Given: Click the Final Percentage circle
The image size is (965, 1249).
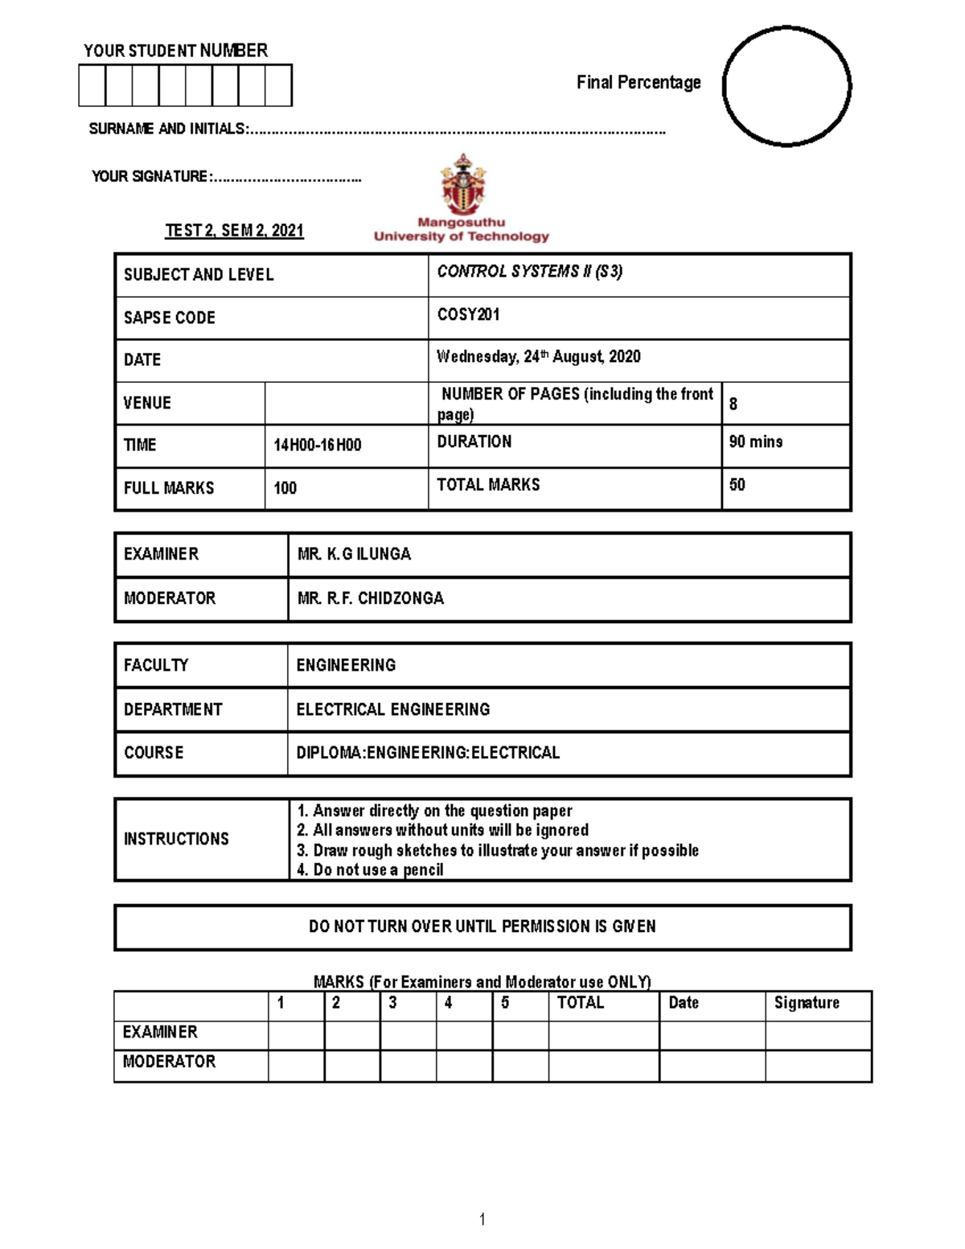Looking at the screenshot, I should tap(786, 87).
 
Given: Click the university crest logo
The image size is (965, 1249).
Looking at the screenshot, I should tap(462, 184).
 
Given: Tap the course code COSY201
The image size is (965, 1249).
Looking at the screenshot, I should tap(468, 314).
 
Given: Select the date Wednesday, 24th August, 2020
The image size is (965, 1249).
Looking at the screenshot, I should tap(538, 357).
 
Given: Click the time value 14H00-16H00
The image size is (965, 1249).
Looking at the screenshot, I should tap(318, 446).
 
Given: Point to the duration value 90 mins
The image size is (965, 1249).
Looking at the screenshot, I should tap(755, 442).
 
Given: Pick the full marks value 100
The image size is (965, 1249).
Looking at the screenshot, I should tap(285, 488).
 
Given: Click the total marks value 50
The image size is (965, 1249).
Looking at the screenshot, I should tap(737, 485).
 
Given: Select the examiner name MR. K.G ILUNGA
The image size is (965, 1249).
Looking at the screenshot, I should tap(354, 554).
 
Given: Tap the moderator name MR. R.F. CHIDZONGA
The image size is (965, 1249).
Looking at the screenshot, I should tap(370, 598).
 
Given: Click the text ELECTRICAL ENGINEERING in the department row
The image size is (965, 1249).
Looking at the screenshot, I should tap(392, 709).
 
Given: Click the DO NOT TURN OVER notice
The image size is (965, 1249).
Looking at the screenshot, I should tap(482, 926).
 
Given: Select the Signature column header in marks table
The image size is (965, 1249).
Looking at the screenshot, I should tap(807, 1003).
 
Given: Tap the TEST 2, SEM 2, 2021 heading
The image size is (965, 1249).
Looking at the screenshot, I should tap(234, 231).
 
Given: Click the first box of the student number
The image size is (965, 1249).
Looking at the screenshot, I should tap(92, 86).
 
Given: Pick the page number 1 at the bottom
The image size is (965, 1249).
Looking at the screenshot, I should tap(482, 1220).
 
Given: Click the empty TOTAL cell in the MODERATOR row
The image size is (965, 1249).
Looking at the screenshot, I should tap(603, 1066).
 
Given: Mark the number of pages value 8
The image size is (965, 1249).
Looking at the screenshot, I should tap(733, 405).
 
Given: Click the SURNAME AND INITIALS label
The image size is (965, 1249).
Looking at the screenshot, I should tap(168, 129).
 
